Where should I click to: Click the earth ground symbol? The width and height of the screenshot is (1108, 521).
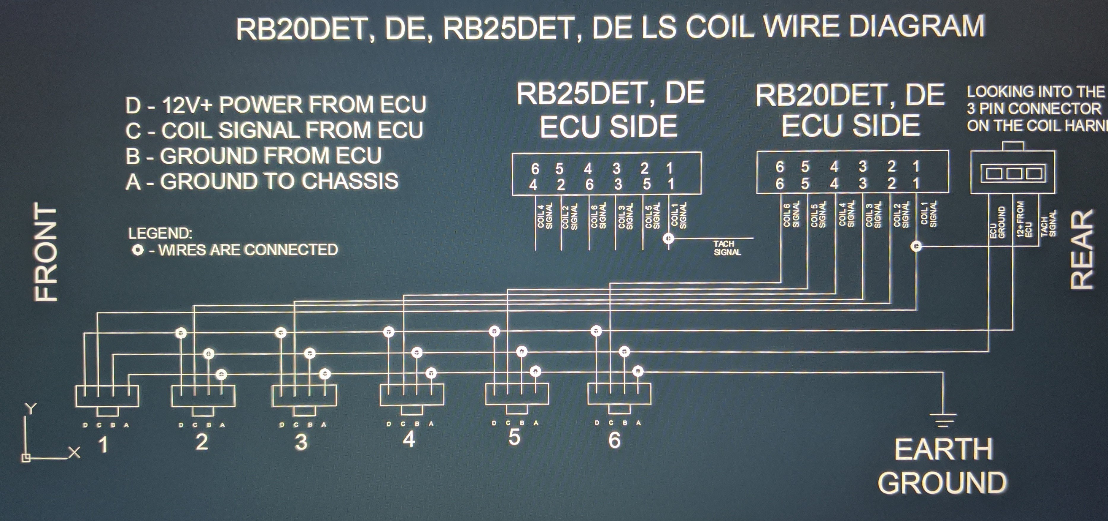pyautogui.click(x=943, y=420)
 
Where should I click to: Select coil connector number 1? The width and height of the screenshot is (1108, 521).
pyautogui.click(x=107, y=397)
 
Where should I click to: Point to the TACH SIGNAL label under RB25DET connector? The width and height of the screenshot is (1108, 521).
pyautogui.click(x=727, y=248)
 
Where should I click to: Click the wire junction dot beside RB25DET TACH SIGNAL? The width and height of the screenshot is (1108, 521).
pyautogui.click(x=668, y=238)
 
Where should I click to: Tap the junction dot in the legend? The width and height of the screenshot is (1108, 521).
pyautogui.click(x=138, y=250)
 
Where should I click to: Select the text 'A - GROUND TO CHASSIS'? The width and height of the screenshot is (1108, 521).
pyautogui.click(x=262, y=181)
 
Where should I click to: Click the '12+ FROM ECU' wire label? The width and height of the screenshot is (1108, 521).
pyautogui.click(x=1024, y=222)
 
